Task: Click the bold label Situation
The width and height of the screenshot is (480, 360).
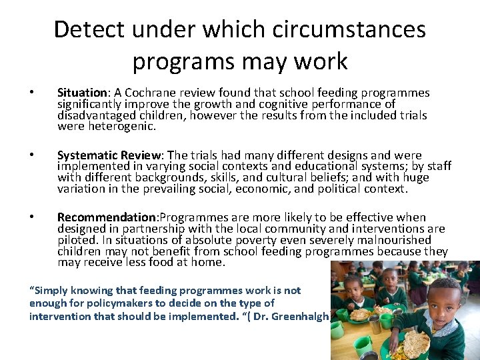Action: coord(82,93)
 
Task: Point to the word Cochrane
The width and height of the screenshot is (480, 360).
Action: coord(147,93)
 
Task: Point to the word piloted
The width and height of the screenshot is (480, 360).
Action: coord(77,240)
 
